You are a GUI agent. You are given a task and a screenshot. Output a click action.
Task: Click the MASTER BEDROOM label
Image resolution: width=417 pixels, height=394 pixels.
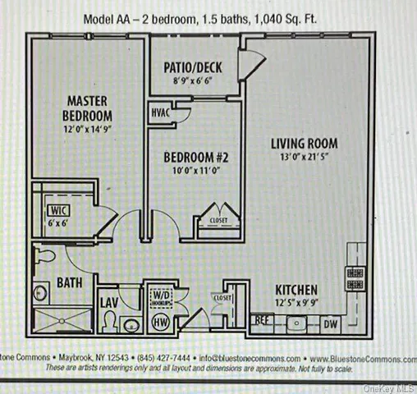coord(89,108)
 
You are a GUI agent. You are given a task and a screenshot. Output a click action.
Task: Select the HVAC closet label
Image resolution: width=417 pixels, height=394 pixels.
coord(160,113)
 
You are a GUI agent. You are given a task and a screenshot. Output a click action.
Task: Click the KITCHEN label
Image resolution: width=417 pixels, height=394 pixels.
coord(297,290)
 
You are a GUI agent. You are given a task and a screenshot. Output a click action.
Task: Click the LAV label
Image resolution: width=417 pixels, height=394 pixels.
coord(109,303)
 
